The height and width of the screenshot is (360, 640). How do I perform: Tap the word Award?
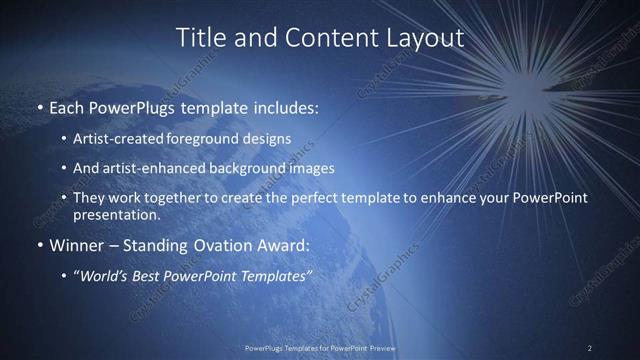pyautogui.click(x=281, y=245)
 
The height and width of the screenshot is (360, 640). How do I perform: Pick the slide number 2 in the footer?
pyautogui.click(x=590, y=347)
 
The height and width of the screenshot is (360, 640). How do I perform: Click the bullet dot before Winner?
pyautogui.click(x=40, y=245)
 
